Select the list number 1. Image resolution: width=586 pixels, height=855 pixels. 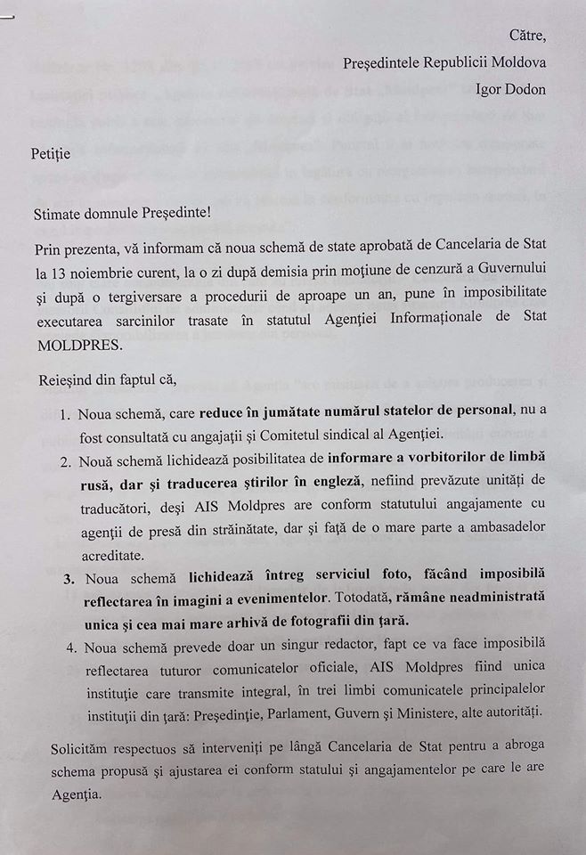[x=65, y=414]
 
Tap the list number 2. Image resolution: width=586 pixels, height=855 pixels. [x=65, y=459]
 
